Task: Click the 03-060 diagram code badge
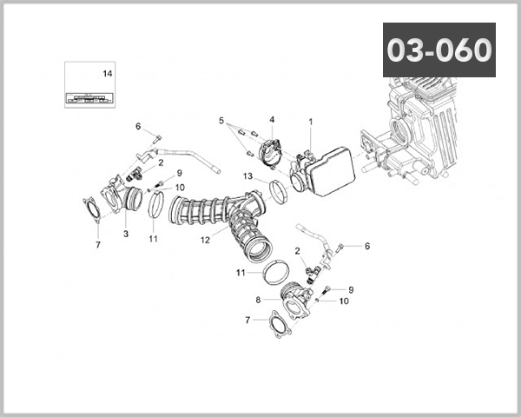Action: click(x=439, y=50)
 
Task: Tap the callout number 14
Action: click(x=108, y=74)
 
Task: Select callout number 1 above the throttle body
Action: click(x=311, y=121)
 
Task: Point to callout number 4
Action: click(x=271, y=120)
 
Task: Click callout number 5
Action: click(x=221, y=120)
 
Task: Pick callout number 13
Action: click(x=247, y=177)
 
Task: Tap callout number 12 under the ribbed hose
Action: click(x=206, y=239)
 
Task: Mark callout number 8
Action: click(x=258, y=299)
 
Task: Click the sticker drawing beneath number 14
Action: click(x=90, y=96)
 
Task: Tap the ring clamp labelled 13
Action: click(x=279, y=191)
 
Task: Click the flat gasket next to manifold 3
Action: click(x=90, y=211)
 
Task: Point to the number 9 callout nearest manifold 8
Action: click(x=351, y=289)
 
